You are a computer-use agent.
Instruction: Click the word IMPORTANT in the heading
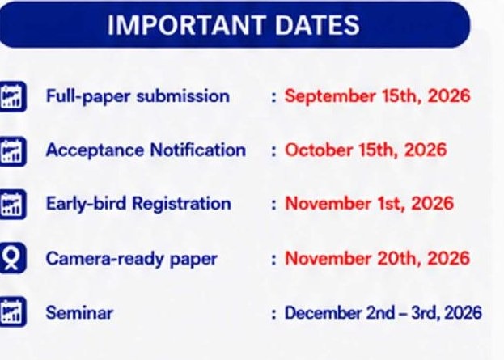pyautogui.click(x=186, y=25)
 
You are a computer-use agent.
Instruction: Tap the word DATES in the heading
pyautogui.click(x=318, y=25)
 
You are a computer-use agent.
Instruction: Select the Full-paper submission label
pyautogui.click(x=138, y=96)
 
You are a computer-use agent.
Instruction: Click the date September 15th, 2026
pyautogui.click(x=377, y=95)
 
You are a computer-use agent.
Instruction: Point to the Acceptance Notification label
pyautogui.click(x=146, y=150)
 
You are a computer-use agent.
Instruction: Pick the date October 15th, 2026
pyautogui.click(x=366, y=150)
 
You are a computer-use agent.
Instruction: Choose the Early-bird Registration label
pyautogui.click(x=138, y=204)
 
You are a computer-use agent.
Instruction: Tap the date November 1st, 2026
pyautogui.click(x=370, y=204)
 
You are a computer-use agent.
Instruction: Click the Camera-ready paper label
pyautogui.click(x=132, y=259)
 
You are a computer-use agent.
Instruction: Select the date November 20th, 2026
pyautogui.click(x=378, y=258)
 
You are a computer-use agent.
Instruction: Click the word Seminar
pyautogui.click(x=80, y=313)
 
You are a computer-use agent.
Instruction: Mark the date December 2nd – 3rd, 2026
pyautogui.click(x=383, y=313)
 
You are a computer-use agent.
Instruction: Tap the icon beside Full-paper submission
pyautogui.click(x=13, y=96)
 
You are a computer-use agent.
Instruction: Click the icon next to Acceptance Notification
pyautogui.click(x=13, y=151)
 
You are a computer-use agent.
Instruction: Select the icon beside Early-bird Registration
pyautogui.click(x=13, y=205)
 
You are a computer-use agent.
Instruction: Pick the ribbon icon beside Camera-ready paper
pyautogui.click(x=13, y=258)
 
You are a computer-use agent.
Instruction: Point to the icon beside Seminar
pyautogui.click(x=13, y=311)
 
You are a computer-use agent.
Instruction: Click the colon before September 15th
pyautogui.click(x=273, y=97)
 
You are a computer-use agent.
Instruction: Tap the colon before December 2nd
pyautogui.click(x=273, y=313)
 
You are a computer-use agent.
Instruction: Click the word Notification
pyautogui.click(x=198, y=150)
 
